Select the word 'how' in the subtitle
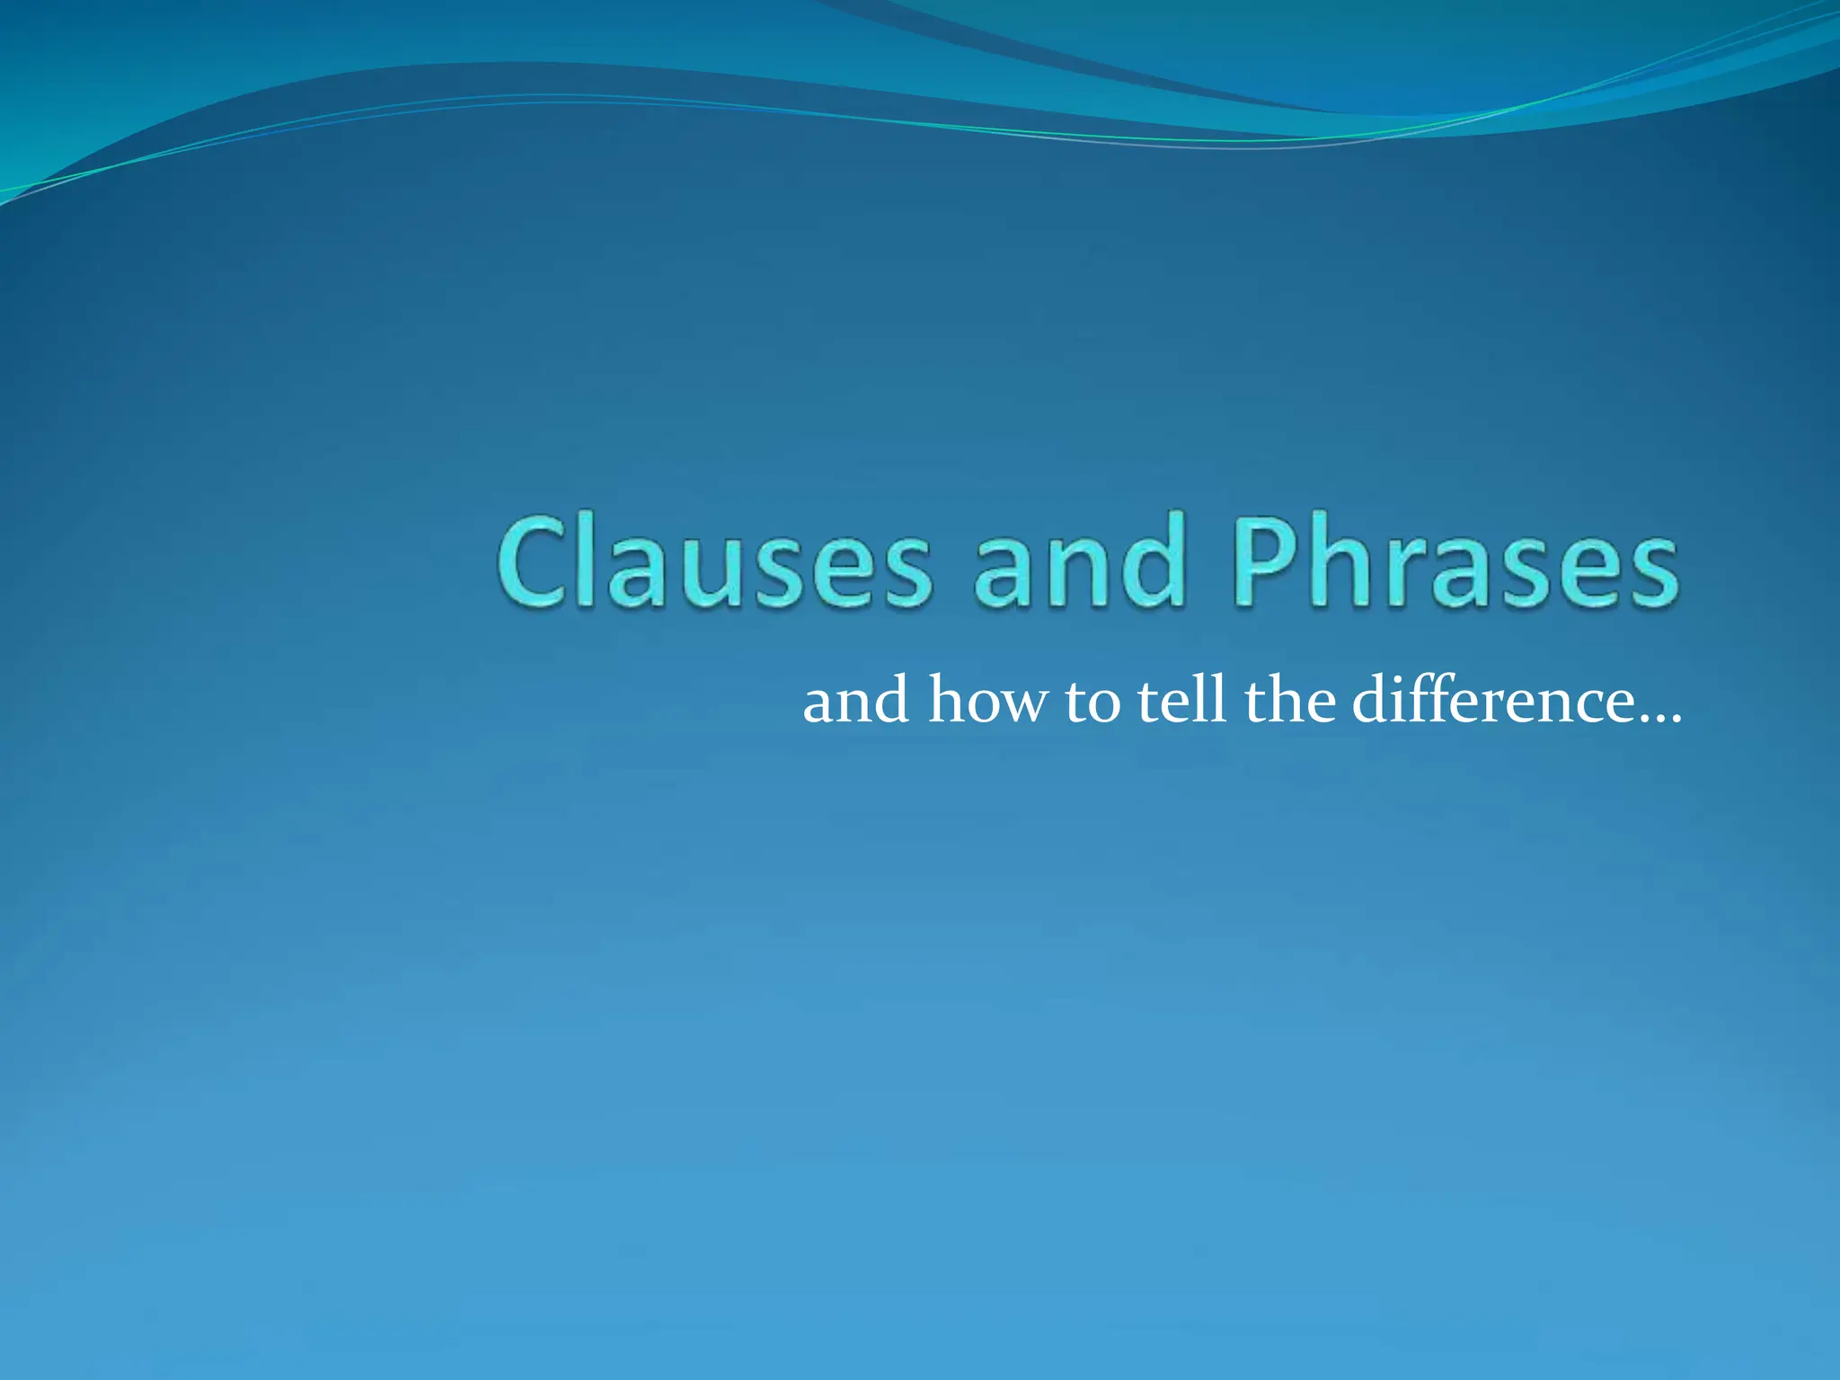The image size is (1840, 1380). (987, 702)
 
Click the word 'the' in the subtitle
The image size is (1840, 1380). (1290, 700)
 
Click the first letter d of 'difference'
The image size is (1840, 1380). (1372, 700)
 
